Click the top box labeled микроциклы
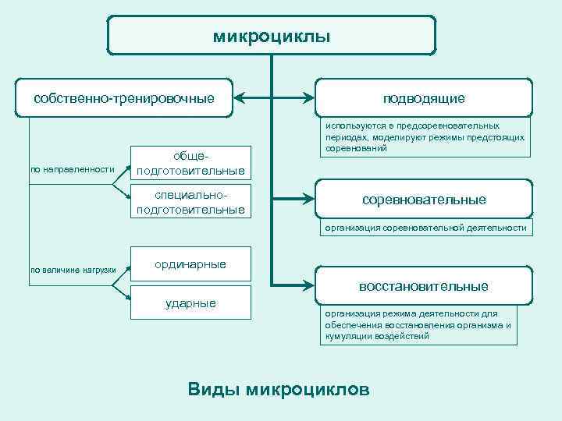271,36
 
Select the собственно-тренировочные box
124,98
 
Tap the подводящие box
424,98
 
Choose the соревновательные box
424,200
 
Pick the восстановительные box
424,286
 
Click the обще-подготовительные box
190,163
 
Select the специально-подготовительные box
190,202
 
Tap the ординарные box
190,264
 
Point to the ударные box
190,302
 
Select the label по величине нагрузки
73,270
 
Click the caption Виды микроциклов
279,389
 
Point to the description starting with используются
425,136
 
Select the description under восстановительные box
419,325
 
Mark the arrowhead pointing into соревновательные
310,200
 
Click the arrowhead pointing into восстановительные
310,281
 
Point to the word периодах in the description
348,136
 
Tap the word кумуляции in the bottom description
347,337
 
